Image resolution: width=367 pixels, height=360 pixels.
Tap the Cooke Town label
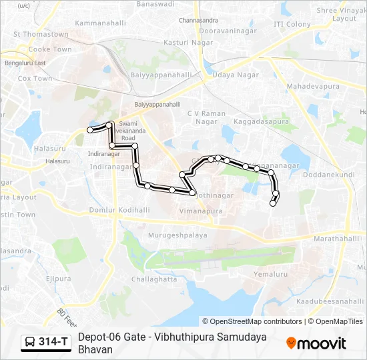click(50, 49)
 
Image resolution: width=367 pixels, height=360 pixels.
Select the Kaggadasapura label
click(262, 123)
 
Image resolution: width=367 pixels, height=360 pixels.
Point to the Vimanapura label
click(201, 210)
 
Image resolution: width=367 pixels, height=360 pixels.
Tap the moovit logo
click(316, 343)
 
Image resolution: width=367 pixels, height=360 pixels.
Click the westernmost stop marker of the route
click(90, 130)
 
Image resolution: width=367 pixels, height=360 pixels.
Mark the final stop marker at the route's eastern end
click(272, 203)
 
